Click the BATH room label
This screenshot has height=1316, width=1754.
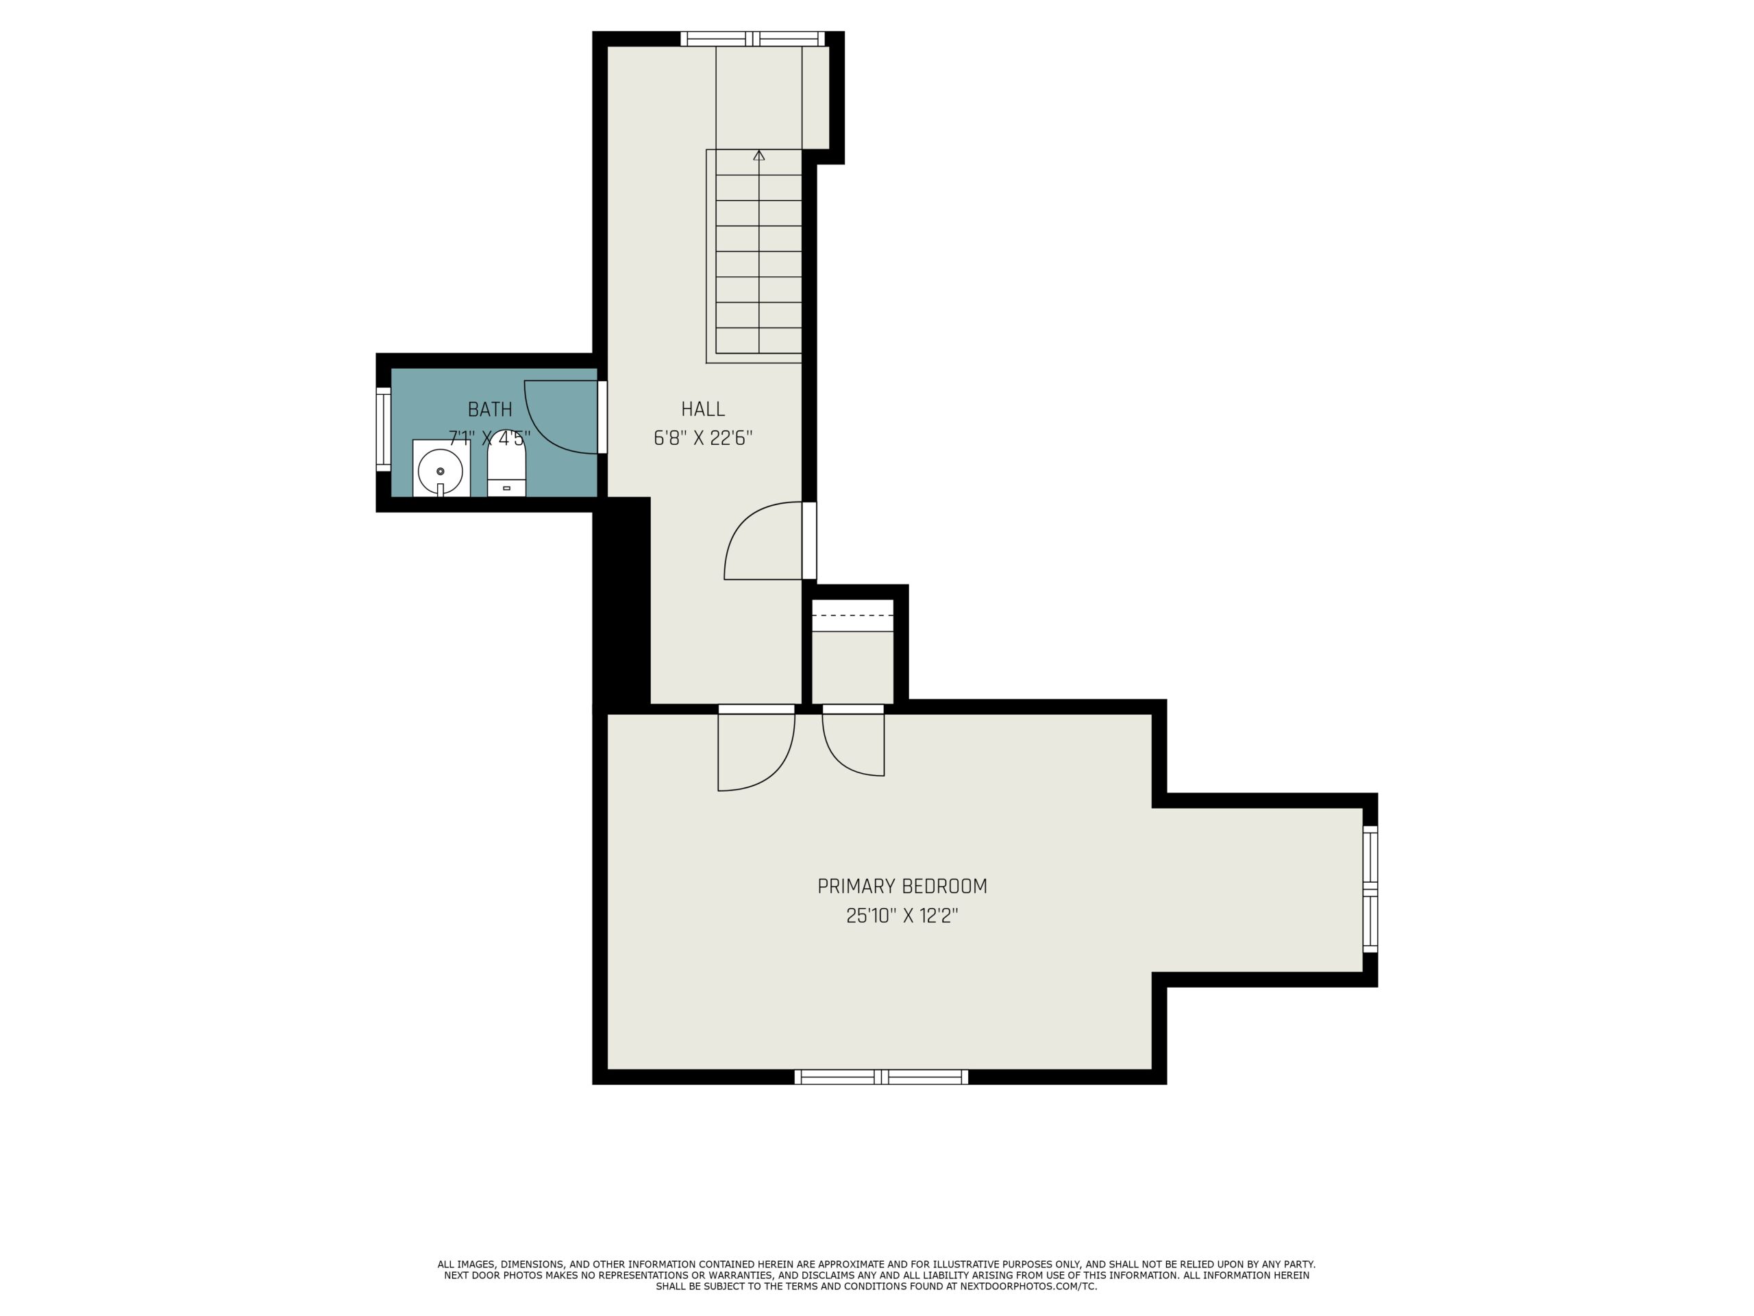pyautogui.click(x=489, y=409)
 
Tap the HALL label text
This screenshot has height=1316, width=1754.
pyautogui.click(x=702, y=409)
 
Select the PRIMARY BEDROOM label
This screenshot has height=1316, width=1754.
pyautogui.click(x=902, y=886)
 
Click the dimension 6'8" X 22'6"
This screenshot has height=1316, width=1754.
pyautogui.click(x=702, y=439)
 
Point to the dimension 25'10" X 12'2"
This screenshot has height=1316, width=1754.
pyautogui.click(x=902, y=916)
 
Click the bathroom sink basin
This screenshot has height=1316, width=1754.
pyautogui.click(x=440, y=470)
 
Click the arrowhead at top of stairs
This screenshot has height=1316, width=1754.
pyautogui.click(x=759, y=156)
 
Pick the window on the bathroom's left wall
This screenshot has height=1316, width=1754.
pyautogui.click(x=383, y=430)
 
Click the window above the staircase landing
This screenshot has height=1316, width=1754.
pyautogui.click(x=752, y=39)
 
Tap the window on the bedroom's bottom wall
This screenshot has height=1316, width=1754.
pyautogui.click(x=881, y=1076)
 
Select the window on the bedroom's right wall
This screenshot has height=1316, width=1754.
pyautogui.click(x=1370, y=888)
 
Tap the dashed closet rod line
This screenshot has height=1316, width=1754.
pyautogui.click(x=852, y=616)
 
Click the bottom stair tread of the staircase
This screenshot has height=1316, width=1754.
pyautogui.click(x=759, y=340)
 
